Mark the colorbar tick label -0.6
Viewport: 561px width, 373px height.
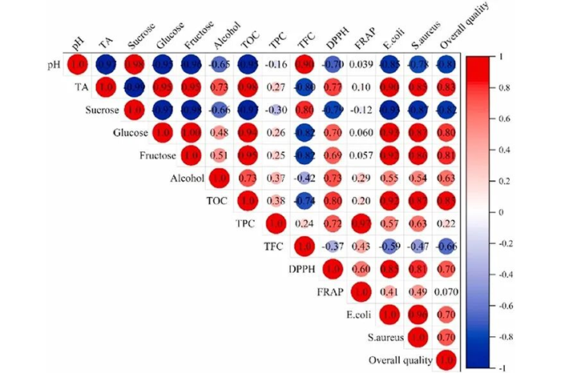click(x=516, y=306)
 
